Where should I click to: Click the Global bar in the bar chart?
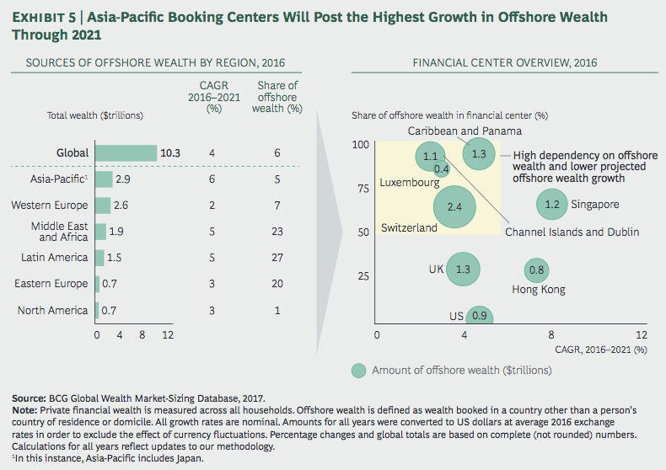(x=126, y=153)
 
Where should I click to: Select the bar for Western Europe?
(x=102, y=206)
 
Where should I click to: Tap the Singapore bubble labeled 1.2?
(x=552, y=204)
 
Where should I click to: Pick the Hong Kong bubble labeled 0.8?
(x=537, y=270)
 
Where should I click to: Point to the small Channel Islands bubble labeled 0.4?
(x=441, y=169)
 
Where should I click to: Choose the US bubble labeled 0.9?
(x=478, y=317)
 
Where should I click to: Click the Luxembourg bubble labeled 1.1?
(x=431, y=157)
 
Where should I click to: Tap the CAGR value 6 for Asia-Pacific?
(x=211, y=179)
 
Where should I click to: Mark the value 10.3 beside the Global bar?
(x=172, y=153)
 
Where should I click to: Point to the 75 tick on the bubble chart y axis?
(x=361, y=188)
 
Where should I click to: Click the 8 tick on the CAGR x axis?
(x=552, y=334)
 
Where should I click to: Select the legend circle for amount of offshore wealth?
(x=359, y=371)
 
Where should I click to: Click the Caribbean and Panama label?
(x=465, y=131)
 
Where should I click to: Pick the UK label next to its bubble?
(x=436, y=270)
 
